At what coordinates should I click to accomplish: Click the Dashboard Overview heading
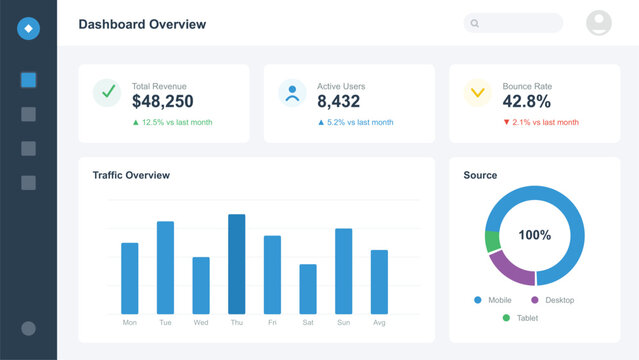pos(142,23)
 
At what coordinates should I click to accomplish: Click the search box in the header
pos(513,23)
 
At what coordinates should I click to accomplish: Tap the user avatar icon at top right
pos(599,23)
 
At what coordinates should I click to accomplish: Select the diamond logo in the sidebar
pos(28,29)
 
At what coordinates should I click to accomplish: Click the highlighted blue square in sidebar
pos(28,81)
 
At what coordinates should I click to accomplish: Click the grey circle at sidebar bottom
pos(28,328)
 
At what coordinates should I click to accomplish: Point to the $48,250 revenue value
pos(162,101)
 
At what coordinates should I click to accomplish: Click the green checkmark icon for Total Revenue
pos(107,93)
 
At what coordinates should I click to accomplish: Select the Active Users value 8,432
pos(339,101)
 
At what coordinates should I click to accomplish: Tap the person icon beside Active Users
pos(292,93)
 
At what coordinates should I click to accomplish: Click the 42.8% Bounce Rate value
pos(526,101)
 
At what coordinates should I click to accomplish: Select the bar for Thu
pos(237,264)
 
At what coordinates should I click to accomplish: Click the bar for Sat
pos(308,289)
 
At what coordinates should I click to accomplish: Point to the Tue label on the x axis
pos(165,323)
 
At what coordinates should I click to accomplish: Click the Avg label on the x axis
pos(379,323)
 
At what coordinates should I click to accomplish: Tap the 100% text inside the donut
pos(534,235)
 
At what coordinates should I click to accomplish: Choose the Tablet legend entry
pos(526,318)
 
